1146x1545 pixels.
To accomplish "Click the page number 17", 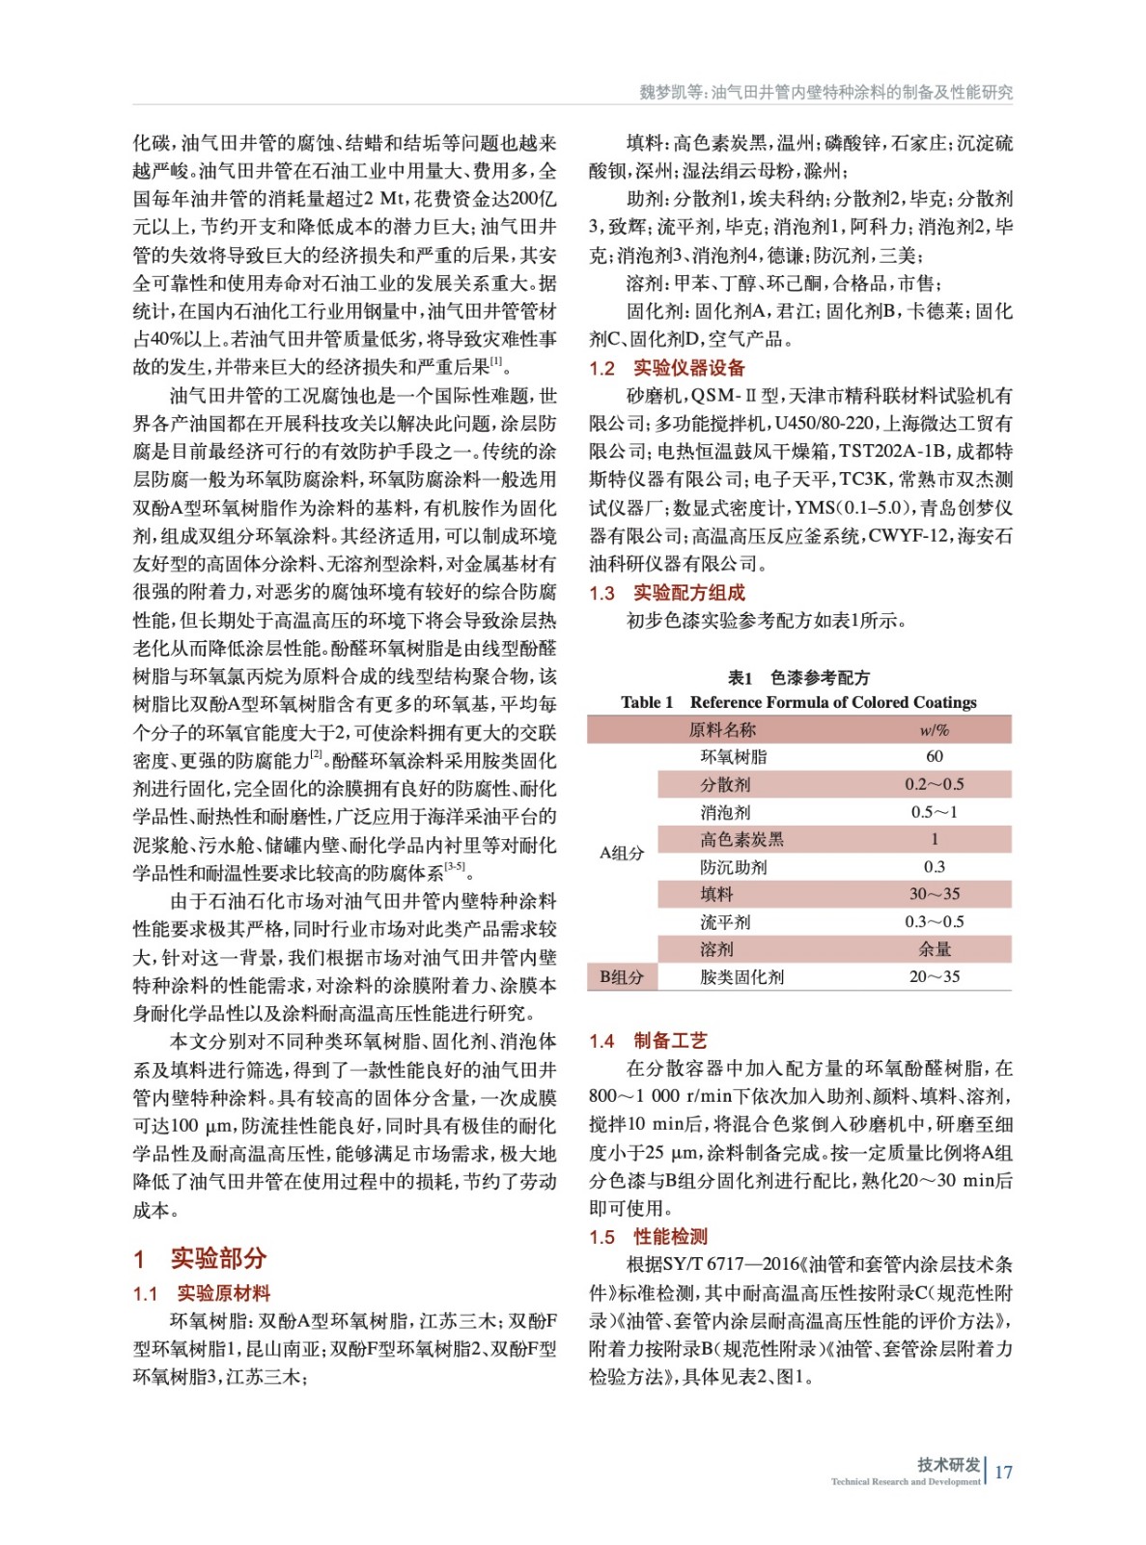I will click(x=1003, y=1472).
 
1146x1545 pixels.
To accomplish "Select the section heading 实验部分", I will click(x=218, y=1257).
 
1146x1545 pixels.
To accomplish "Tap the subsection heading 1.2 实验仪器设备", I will click(x=667, y=368).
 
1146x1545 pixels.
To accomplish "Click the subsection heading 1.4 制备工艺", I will click(x=649, y=1040).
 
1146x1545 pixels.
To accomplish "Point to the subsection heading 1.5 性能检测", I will click(x=649, y=1237).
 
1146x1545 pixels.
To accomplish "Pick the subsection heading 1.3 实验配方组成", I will click(x=667, y=593).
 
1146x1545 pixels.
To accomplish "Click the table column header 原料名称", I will click(x=722, y=729).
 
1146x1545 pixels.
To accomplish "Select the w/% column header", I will click(x=934, y=729).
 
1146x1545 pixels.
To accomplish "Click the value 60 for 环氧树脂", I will click(x=934, y=756).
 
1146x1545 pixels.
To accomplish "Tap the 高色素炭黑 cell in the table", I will click(x=741, y=839).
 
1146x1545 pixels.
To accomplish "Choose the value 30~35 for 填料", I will click(x=934, y=894).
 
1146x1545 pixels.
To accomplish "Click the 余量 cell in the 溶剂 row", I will click(x=934, y=949).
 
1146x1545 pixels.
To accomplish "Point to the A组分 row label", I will click(x=621, y=853).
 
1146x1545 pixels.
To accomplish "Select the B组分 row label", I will click(x=621, y=976).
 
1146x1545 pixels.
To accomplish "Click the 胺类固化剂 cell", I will click(x=741, y=976).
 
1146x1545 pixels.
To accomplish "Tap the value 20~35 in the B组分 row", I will click(x=934, y=976).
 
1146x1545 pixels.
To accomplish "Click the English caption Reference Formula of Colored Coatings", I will click(x=832, y=702).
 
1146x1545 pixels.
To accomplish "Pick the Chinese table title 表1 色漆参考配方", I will click(x=798, y=677).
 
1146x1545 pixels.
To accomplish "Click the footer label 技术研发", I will click(x=948, y=1464).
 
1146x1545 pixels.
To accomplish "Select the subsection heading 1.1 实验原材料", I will click(x=202, y=1294).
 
